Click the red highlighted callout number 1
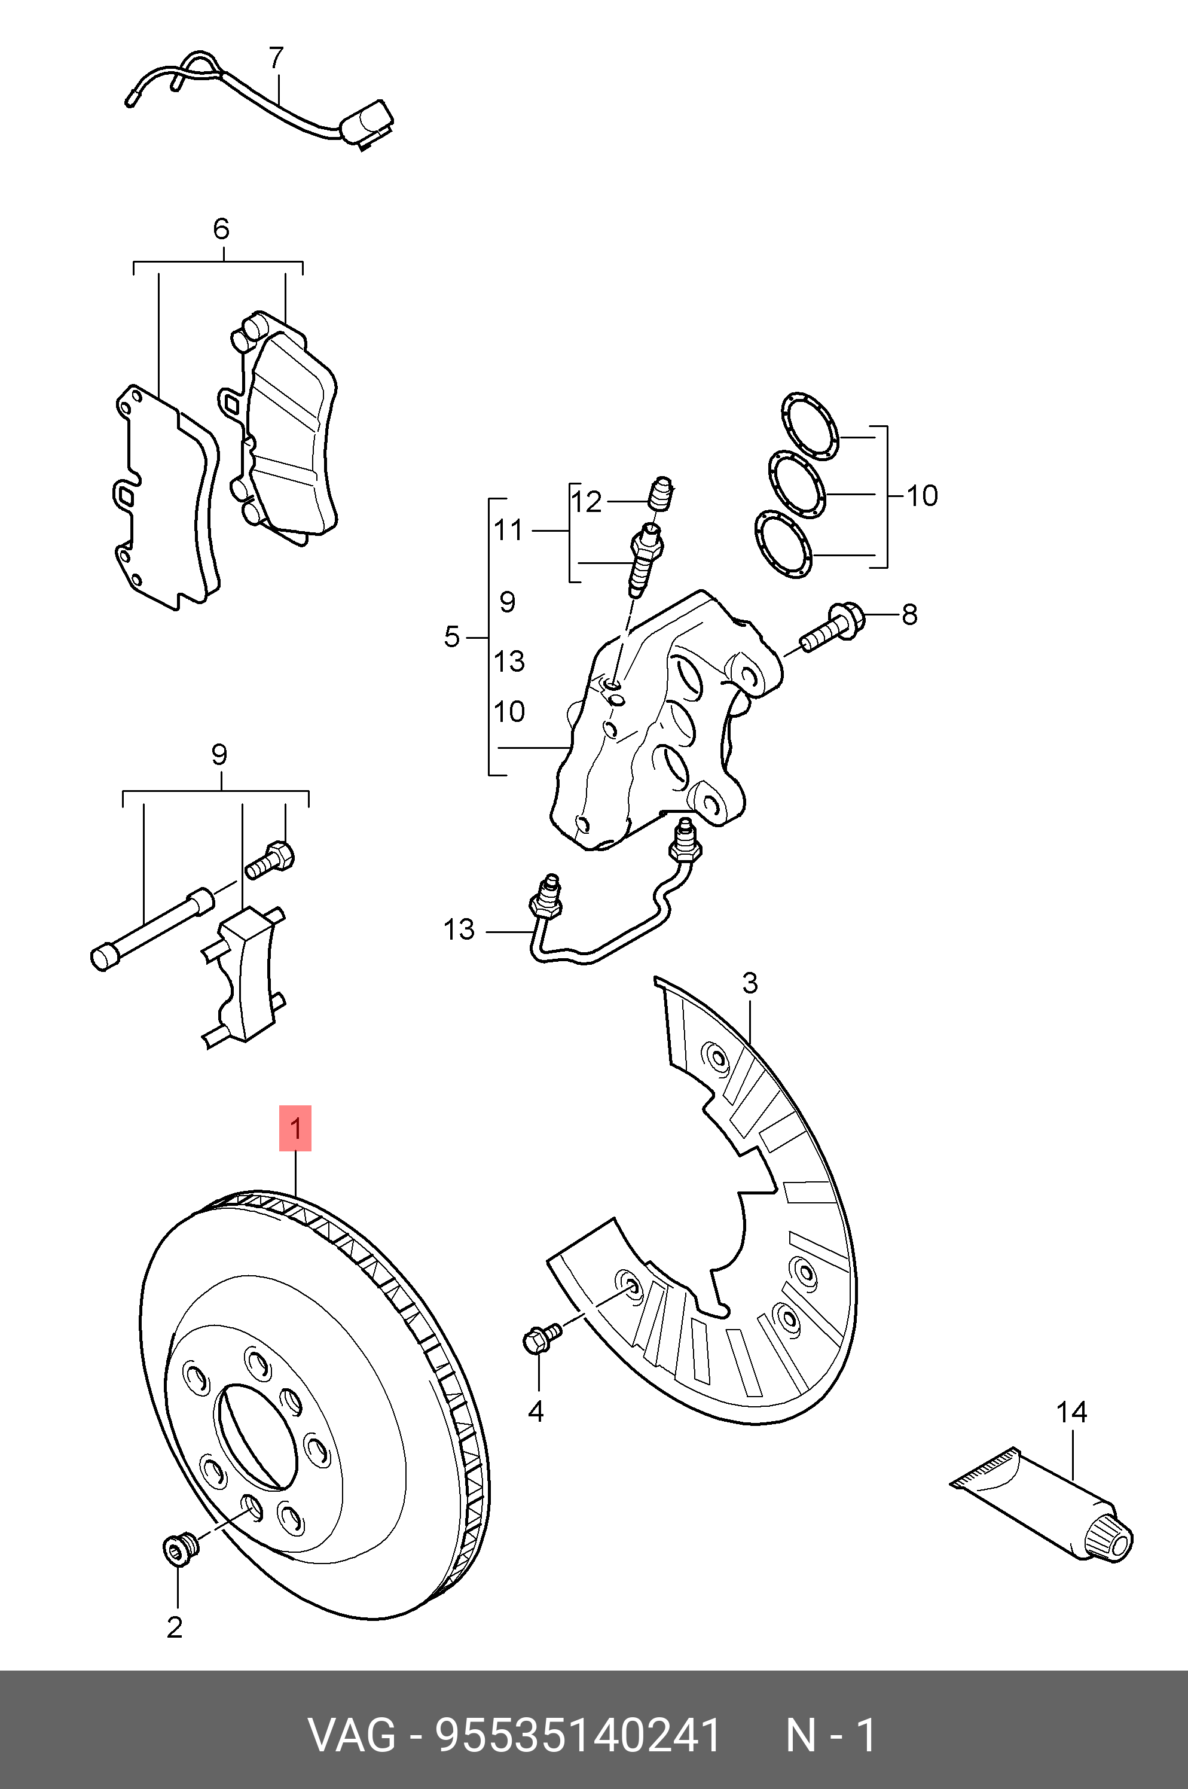[295, 1128]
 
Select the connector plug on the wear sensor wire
[368, 123]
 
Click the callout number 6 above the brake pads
[221, 229]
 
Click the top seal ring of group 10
[809, 426]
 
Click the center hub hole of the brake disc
[256, 1434]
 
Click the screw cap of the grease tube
[1108, 1537]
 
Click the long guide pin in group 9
[151, 929]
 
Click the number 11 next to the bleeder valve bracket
[508, 531]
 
